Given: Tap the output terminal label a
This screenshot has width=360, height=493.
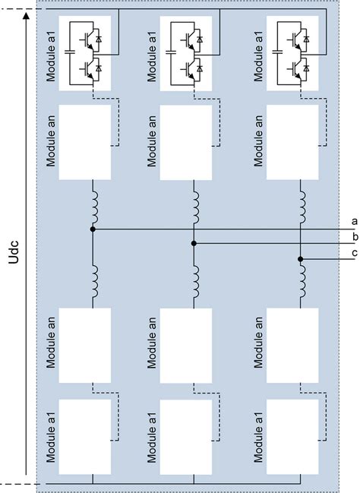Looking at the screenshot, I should pos(354,220).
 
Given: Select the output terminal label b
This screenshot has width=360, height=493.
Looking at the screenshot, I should pos(354,236).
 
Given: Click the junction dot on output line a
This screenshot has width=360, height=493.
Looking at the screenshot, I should pos(93,228).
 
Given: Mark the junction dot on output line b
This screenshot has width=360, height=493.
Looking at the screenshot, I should pos(194,244).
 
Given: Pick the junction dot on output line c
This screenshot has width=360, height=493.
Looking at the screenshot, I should pos(300,259).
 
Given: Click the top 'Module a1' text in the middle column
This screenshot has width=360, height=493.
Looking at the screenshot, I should pos(153,46).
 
